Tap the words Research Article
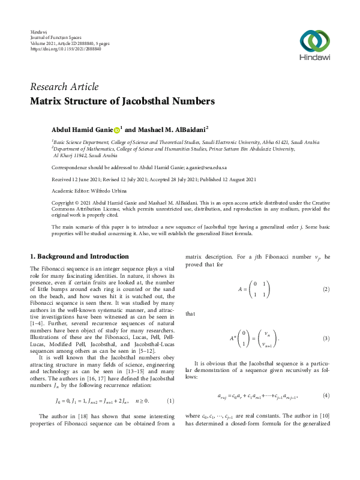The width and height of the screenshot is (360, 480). (64, 87)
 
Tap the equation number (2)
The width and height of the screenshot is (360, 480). (326, 289)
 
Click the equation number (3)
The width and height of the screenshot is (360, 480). (326, 339)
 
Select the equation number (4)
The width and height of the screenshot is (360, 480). (326, 396)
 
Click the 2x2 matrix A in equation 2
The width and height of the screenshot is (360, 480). (260, 289)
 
